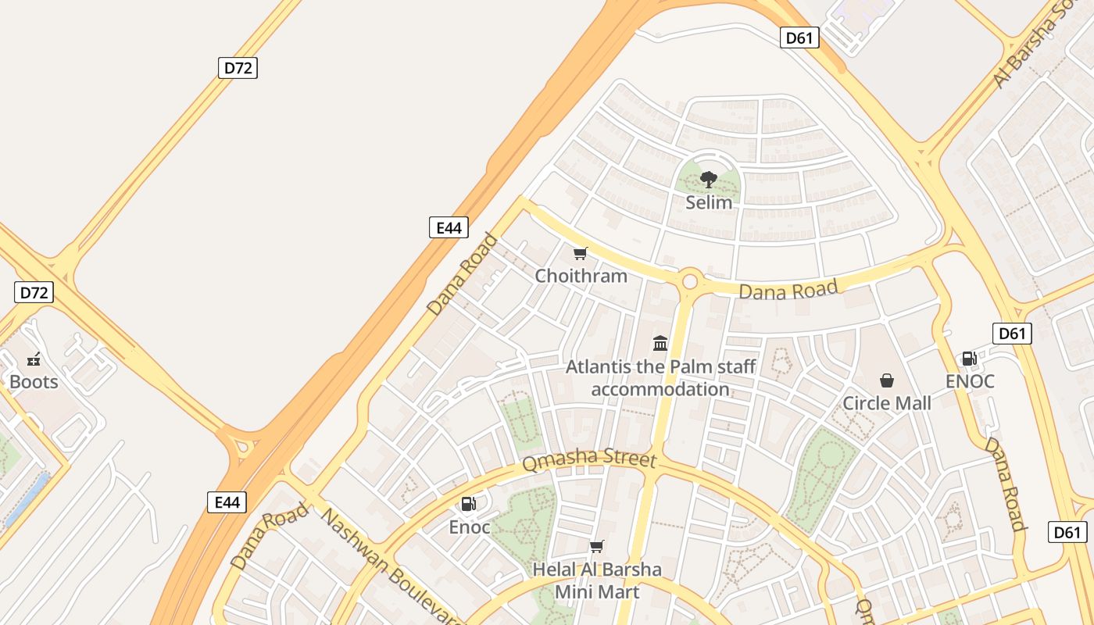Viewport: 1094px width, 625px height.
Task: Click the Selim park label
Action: pos(709,202)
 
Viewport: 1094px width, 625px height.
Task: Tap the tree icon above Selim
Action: pos(709,180)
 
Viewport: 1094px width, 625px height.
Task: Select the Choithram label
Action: pos(581,276)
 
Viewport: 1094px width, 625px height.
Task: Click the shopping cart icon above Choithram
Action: pos(580,253)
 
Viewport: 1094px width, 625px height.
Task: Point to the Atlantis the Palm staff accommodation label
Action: pos(660,377)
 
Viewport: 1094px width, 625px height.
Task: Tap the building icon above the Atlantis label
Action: pos(660,343)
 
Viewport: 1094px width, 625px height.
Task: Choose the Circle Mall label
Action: pos(886,403)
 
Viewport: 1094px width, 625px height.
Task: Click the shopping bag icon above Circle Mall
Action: pos(887,380)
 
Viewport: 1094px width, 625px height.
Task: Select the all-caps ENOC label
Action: pos(970,381)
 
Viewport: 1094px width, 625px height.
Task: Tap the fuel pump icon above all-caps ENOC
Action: pos(968,359)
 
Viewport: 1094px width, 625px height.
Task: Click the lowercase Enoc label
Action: pos(469,527)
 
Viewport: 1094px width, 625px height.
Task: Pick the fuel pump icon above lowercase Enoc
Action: pos(468,504)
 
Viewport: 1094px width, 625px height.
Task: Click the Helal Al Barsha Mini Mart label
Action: pos(597,580)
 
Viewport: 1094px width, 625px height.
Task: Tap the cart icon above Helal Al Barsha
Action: pos(597,546)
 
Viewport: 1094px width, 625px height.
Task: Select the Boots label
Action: pos(34,382)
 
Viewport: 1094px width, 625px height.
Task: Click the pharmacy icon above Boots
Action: pos(34,359)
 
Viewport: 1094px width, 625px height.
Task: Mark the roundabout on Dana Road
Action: pos(690,281)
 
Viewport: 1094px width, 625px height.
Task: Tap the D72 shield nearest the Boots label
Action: pos(34,293)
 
